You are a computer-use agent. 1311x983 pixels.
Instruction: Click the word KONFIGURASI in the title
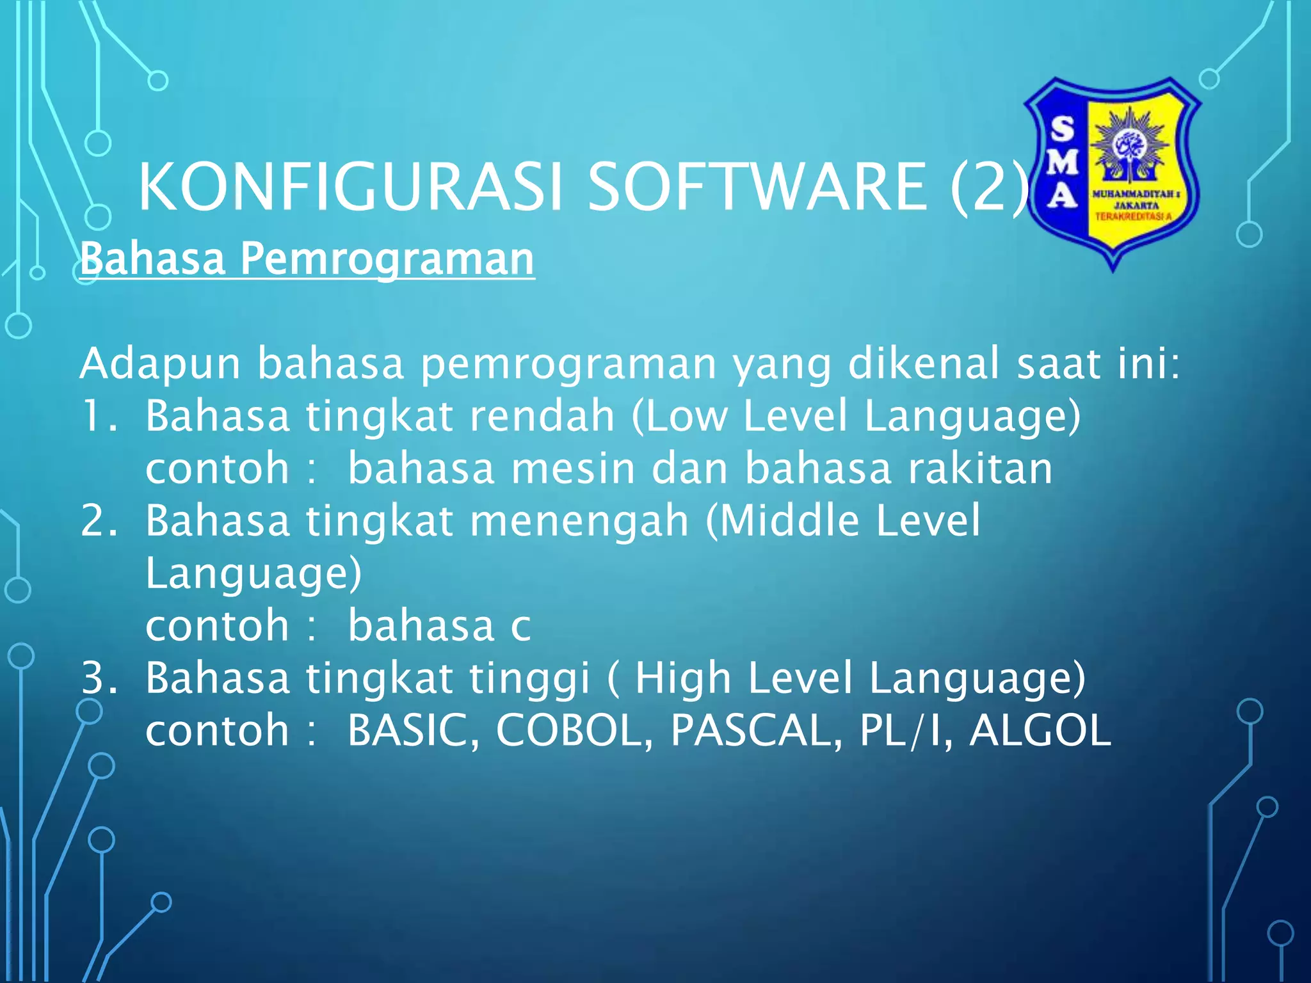coord(350,187)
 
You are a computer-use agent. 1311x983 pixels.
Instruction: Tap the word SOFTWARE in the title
coord(757,187)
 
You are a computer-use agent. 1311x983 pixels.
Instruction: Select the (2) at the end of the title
coord(989,187)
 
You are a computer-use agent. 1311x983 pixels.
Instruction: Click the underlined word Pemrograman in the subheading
coord(387,259)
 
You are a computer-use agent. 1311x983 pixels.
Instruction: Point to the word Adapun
coord(160,364)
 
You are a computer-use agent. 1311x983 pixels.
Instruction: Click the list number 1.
coord(99,416)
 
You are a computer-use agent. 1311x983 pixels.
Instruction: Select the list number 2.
coord(99,520)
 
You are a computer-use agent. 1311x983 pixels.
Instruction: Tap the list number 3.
coord(99,678)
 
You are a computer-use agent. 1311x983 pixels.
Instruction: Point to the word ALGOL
coord(1040,730)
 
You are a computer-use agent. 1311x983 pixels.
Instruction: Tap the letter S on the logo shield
coord(1063,129)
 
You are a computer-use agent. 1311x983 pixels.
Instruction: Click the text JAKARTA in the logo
coord(1136,205)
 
